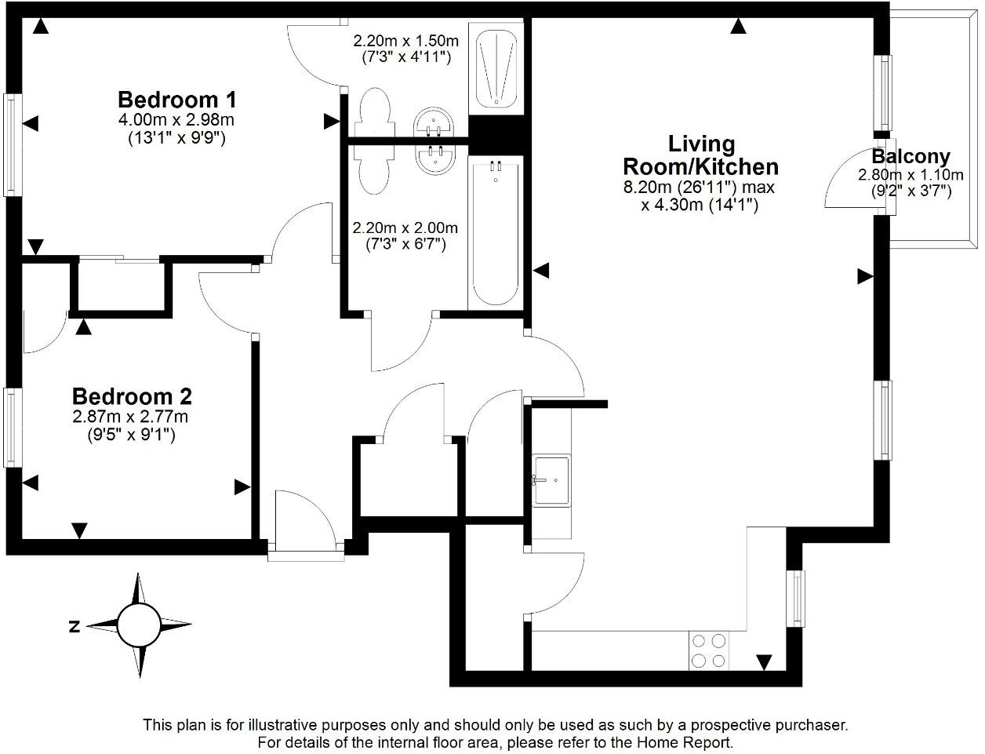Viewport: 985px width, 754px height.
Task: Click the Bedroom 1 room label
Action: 176,100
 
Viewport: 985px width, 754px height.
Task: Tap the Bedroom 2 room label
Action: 132,396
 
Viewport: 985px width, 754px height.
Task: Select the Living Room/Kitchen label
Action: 700,155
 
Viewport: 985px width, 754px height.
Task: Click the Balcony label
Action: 910,156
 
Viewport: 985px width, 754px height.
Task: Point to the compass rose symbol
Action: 140,625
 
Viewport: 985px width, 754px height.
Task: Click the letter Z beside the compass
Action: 75,626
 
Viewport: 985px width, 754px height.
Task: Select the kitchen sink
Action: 551,479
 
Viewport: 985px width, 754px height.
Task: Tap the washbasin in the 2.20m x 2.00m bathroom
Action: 432,158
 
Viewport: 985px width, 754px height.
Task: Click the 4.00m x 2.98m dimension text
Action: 176,120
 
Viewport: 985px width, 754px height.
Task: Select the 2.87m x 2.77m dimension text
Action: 131,417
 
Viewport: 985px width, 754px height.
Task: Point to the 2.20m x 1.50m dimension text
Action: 405,40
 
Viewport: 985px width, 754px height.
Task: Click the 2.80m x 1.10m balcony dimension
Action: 910,174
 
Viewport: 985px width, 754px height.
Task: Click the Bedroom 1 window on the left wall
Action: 10,144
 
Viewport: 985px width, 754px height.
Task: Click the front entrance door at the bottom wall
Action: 306,522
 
